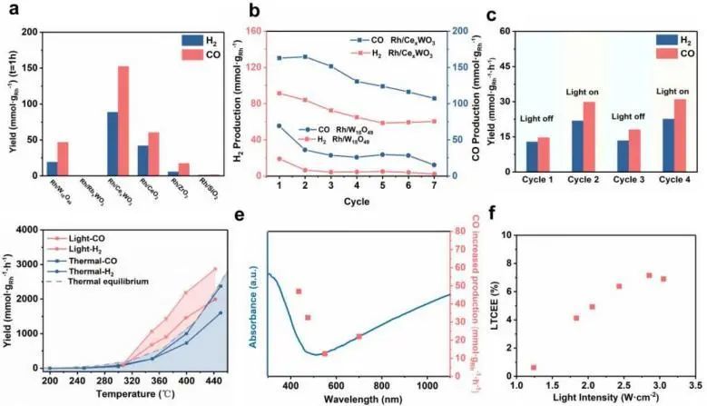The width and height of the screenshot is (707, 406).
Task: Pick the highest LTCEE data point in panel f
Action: (649, 275)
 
